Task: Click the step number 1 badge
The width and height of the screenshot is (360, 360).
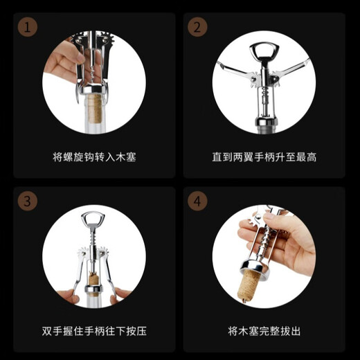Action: pos(26,27)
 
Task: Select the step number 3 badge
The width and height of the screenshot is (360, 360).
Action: pos(26,202)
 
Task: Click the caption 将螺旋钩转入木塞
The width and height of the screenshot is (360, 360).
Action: pos(94,156)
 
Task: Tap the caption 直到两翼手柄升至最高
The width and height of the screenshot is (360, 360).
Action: pos(264,156)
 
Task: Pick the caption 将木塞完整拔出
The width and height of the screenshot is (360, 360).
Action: pos(264,331)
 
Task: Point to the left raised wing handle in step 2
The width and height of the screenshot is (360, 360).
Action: pos(232,69)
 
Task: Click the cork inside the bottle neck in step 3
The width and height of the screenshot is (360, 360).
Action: pos(95,285)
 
